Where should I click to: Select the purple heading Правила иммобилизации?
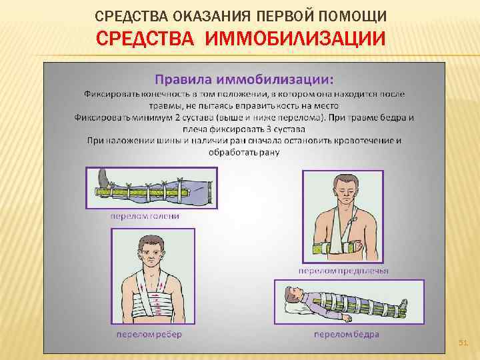(x=243, y=79)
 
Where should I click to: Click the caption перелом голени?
(x=145, y=216)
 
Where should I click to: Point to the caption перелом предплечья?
(x=343, y=271)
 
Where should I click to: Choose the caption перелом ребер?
(x=149, y=333)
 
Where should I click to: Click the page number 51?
(x=463, y=343)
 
